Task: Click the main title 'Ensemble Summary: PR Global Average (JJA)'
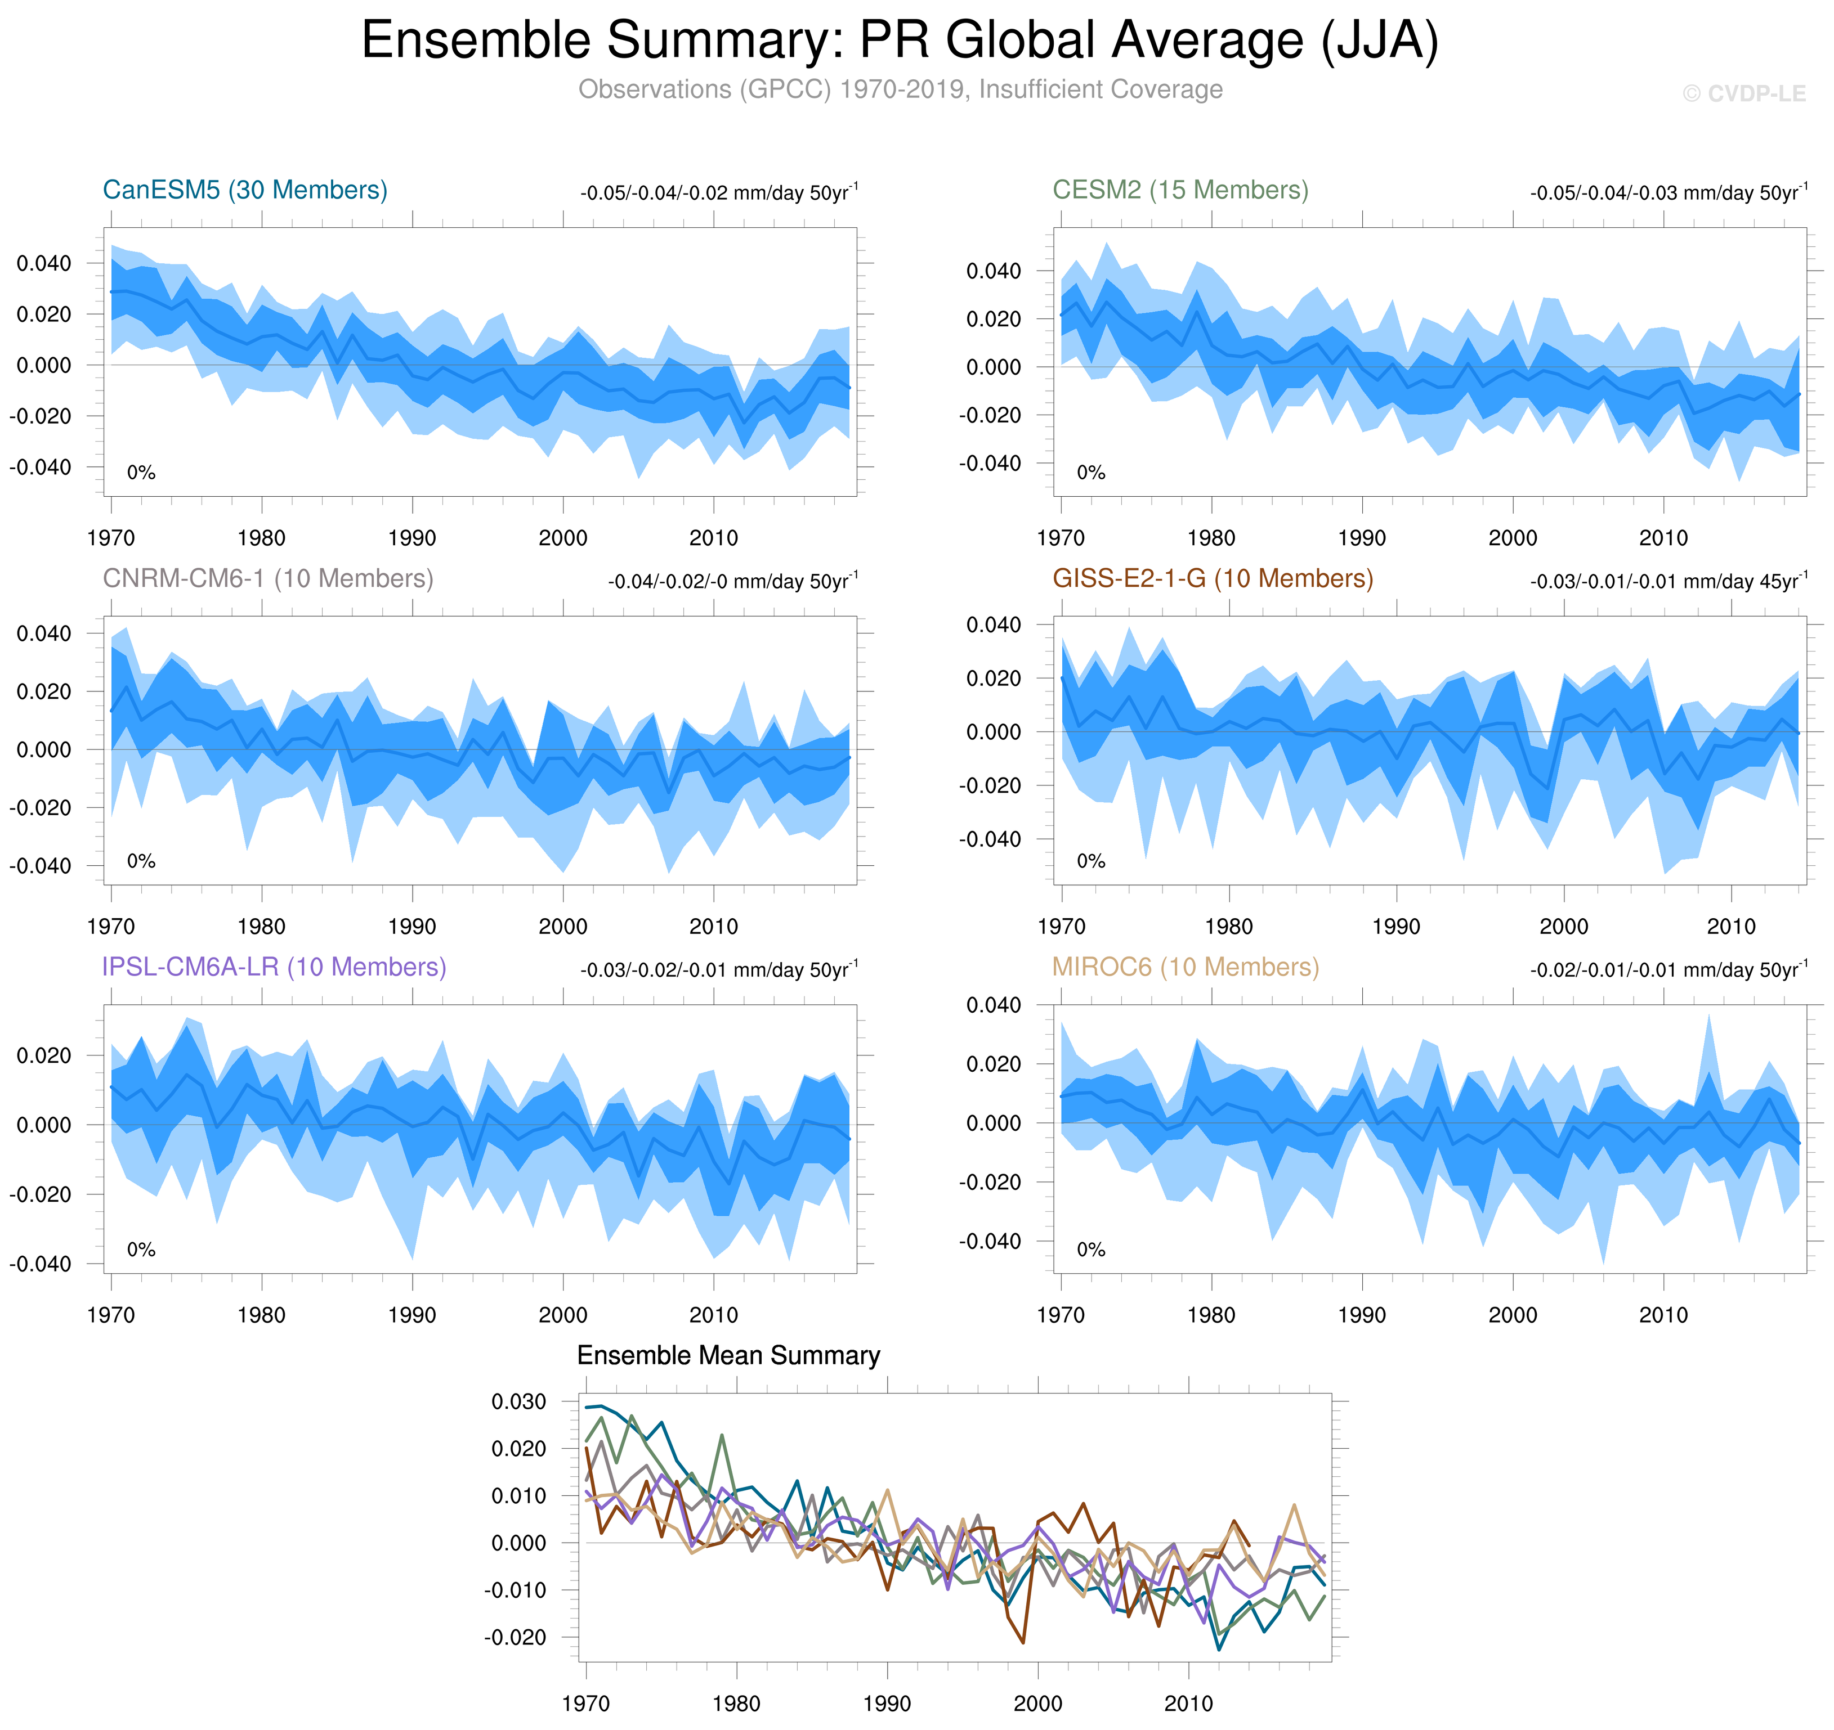tap(900, 42)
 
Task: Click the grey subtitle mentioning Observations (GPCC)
tap(900, 89)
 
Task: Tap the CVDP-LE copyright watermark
tap(1743, 94)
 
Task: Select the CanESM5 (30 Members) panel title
tap(244, 190)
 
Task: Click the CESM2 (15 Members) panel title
tap(1180, 190)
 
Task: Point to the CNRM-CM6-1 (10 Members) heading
tap(267, 578)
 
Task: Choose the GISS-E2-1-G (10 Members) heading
tap(1212, 578)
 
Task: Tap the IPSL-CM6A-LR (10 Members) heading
tap(274, 967)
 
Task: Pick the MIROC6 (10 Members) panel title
tap(1186, 967)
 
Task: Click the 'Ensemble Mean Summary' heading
tap(728, 1355)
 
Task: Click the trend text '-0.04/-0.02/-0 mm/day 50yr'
tap(732, 581)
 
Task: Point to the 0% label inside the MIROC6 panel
tap(1090, 1250)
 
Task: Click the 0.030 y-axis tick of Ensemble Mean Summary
tap(518, 1401)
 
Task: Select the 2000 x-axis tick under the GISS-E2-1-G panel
tap(1564, 927)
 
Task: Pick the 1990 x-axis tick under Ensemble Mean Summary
tap(887, 1703)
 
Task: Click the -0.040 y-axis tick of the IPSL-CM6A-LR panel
tap(39, 1264)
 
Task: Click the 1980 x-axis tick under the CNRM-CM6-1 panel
tap(261, 927)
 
